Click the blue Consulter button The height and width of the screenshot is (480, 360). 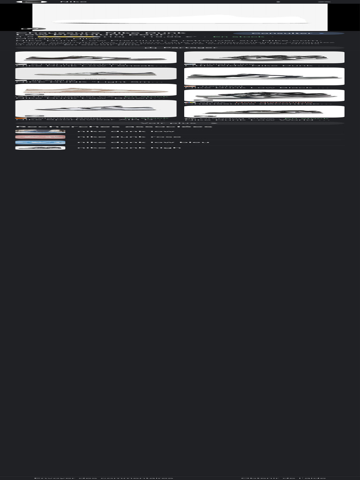pyautogui.click(x=288, y=34)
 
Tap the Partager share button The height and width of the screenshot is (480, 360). pyautogui.click(x=180, y=48)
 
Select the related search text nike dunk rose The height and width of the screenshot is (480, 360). pyautogui.click(x=129, y=137)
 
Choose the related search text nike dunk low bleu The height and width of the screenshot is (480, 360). pyautogui.click(x=143, y=142)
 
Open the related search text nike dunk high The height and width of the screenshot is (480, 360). pyautogui.click(x=129, y=148)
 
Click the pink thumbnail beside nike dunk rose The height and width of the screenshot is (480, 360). pyautogui.click(x=40, y=137)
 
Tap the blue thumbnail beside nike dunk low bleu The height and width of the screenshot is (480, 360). pyautogui.click(x=40, y=142)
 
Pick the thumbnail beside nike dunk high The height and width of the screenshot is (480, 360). pyautogui.click(x=40, y=148)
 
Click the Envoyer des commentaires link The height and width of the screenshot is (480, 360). pyautogui.click(x=104, y=478)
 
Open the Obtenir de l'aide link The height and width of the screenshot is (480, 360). pyautogui.click(x=283, y=478)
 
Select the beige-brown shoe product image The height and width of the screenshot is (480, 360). pyautogui.click(x=96, y=90)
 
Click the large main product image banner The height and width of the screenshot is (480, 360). pyautogui.click(x=180, y=18)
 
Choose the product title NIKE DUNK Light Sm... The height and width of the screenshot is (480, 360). pyautogui.click(x=89, y=82)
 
